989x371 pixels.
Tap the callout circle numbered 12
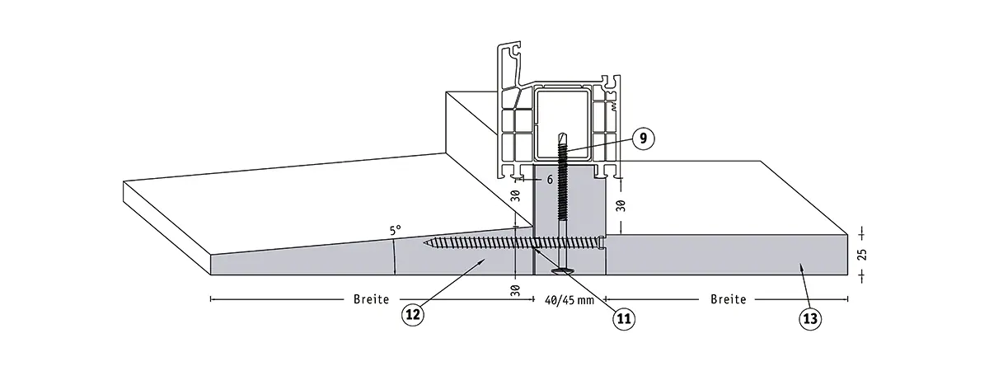point(413,313)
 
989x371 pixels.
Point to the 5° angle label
point(396,232)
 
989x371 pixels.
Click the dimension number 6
point(549,177)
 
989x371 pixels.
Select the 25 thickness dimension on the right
point(862,254)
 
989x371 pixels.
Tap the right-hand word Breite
point(728,299)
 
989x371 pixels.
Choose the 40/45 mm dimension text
point(569,300)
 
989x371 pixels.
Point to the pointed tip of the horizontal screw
point(427,242)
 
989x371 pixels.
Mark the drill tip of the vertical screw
point(562,135)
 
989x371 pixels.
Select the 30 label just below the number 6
point(514,198)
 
